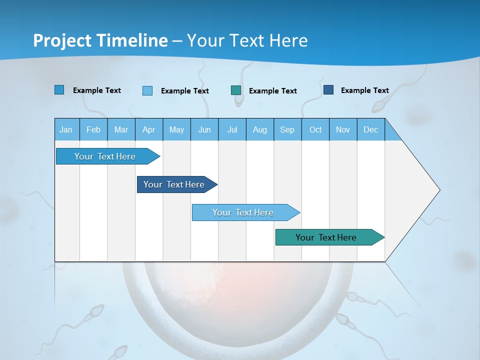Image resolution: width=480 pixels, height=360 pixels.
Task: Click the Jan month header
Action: pos(66,129)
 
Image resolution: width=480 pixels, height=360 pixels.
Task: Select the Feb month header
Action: pos(93,129)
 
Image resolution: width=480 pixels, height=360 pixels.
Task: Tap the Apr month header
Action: pos(148,129)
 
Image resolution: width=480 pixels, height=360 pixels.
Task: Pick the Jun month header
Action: pos(204,129)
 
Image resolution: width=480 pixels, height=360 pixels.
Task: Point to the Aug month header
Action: pos(259,129)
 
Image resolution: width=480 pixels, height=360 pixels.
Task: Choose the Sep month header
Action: pos(287,129)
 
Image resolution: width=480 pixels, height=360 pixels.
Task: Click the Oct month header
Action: pos(315,129)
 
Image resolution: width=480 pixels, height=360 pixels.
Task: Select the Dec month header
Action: pos(370,129)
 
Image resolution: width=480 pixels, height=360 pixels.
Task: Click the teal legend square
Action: pos(236,90)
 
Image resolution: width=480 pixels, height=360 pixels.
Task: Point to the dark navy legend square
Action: pos(328,90)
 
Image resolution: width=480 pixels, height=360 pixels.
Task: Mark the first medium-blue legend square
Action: pos(59,90)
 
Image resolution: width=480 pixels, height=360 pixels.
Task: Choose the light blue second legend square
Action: pos(147,90)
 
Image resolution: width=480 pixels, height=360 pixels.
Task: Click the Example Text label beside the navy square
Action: pos(364,90)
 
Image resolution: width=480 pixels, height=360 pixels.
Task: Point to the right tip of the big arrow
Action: pos(439,190)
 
